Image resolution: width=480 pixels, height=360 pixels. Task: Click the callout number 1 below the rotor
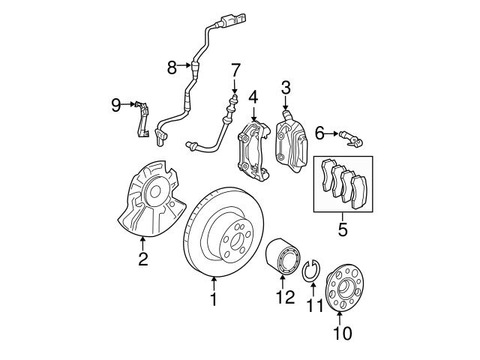point(213,300)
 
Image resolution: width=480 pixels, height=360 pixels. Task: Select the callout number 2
point(142,260)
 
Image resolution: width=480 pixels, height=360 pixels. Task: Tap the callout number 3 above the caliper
point(286,89)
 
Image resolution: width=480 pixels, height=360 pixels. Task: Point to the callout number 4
point(253,97)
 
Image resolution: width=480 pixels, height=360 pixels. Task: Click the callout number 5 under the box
point(342,229)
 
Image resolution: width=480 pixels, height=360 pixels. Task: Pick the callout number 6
point(319,133)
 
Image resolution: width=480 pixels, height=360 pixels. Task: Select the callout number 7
point(235,70)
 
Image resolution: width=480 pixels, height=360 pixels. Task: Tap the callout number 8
point(172,67)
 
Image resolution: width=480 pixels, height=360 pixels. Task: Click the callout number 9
point(116,104)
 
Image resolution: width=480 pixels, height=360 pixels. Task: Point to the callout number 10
point(341,332)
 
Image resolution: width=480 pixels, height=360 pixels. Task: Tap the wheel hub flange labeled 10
point(341,286)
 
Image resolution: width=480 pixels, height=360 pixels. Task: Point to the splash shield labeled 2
point(147,204)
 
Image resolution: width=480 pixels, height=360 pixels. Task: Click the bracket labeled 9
point(142,119)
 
